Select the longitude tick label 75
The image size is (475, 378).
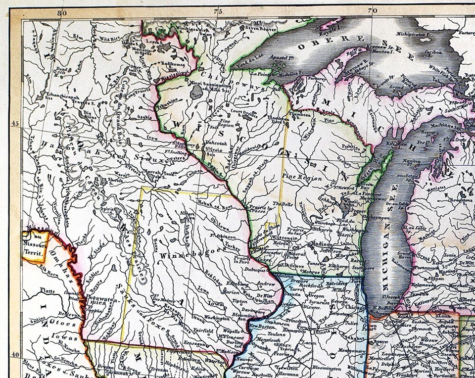click(x=216, y=11)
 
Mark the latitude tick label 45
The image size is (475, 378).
click(x=15, y=124)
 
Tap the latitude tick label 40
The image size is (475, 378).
click(x=15, y=354)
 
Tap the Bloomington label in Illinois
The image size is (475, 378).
click(x=326, y=368)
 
